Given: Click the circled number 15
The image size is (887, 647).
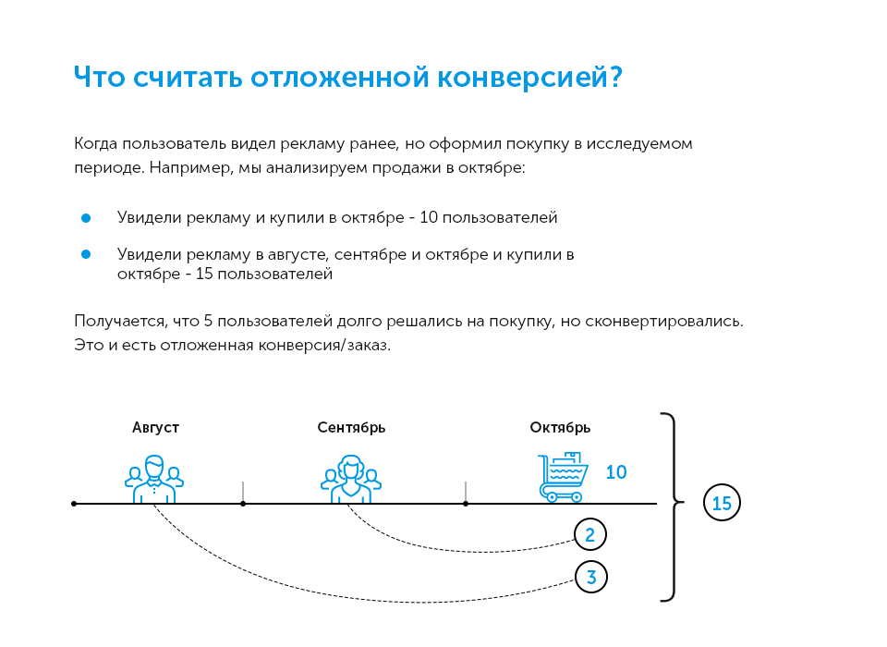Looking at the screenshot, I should (x=723, y=504).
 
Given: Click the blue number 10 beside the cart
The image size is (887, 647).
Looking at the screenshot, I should (x=616, y=472).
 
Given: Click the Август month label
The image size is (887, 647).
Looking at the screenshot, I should (x=155, y=427).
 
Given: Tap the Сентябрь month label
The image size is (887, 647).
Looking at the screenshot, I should (x=351, y=427).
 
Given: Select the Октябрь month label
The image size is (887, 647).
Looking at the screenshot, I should (x=560, y=427).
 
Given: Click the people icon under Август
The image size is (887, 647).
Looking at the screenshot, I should (x=154, y=479).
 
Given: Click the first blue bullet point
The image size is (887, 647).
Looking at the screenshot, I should (x=86, y=218).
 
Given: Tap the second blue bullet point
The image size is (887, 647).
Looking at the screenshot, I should (x=86, y=254).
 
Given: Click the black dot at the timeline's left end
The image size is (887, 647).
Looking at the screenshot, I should (x=74, y=504).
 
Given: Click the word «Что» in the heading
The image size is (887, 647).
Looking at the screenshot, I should (x=99, y=78).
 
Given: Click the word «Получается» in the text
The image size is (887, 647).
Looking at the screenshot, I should (x=116, y=322).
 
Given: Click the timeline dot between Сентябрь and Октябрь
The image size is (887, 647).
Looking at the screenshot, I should (x=466, y=504).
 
